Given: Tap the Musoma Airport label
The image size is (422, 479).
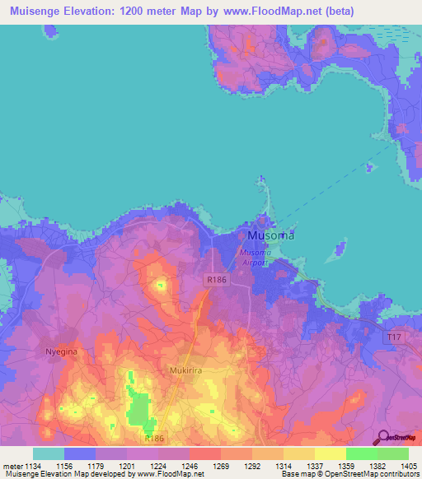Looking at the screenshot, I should click(x=254, y=257).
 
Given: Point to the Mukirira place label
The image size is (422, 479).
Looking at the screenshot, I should click(x=186, y=370).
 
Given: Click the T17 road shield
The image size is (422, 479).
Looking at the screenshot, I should click(x=396, y=337).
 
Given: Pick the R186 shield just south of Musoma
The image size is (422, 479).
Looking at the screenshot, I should click(x=216, y=281).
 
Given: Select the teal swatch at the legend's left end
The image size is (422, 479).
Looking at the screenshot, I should click(x=49, y=453).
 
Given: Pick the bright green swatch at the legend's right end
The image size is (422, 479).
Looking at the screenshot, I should click(x=393, y=453).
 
